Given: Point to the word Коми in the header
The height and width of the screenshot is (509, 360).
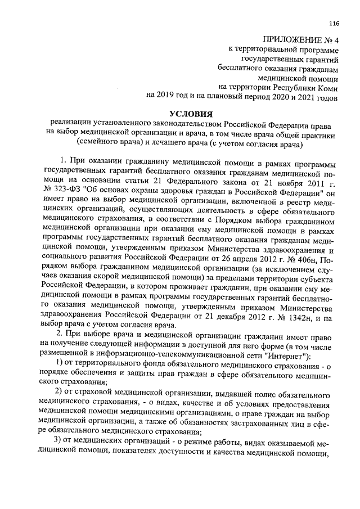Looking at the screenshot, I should point(327,87).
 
